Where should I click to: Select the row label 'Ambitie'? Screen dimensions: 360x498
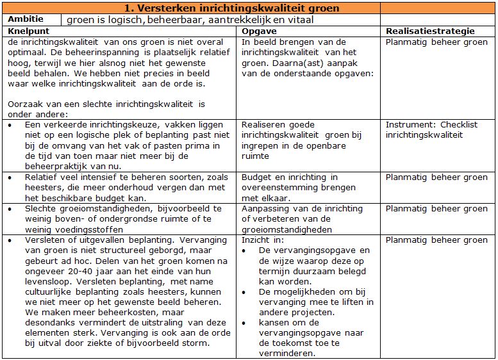pyautogui.click(x=25, y=19)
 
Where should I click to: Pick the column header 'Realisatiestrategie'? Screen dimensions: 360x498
pyautogui.click(x=430, y=31)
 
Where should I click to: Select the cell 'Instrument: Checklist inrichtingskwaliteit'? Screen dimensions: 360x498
pyautogui.click(x=431, y=130)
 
